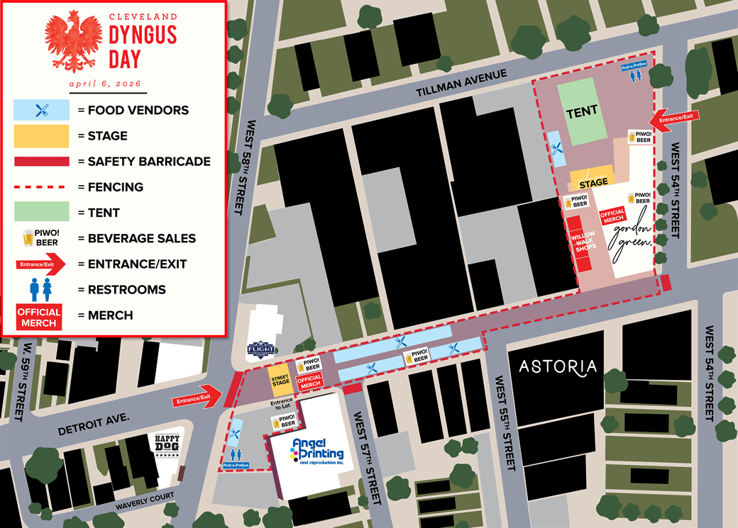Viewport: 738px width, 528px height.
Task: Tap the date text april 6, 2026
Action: [x=108, y=84]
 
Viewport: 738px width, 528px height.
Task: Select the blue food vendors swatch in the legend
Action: [x=42, y=110]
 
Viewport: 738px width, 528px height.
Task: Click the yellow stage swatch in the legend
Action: [x=42, y=135]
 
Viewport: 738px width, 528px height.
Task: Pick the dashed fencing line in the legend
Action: [x=42, y=187]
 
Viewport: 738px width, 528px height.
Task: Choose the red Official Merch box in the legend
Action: [x=39, y=316]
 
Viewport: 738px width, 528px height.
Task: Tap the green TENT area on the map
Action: [x=582, y=111]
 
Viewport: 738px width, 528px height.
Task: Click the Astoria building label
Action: [x=558, y=366]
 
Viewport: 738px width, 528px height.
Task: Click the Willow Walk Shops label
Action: [x=583, y=241]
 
